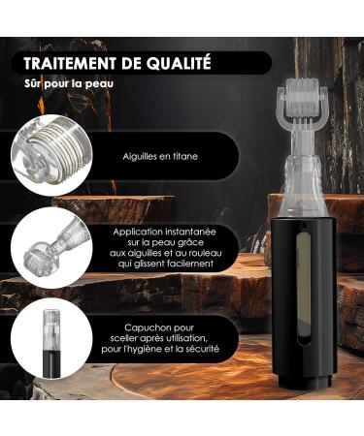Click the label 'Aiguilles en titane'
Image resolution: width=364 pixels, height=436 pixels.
(x=161, y=153)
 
